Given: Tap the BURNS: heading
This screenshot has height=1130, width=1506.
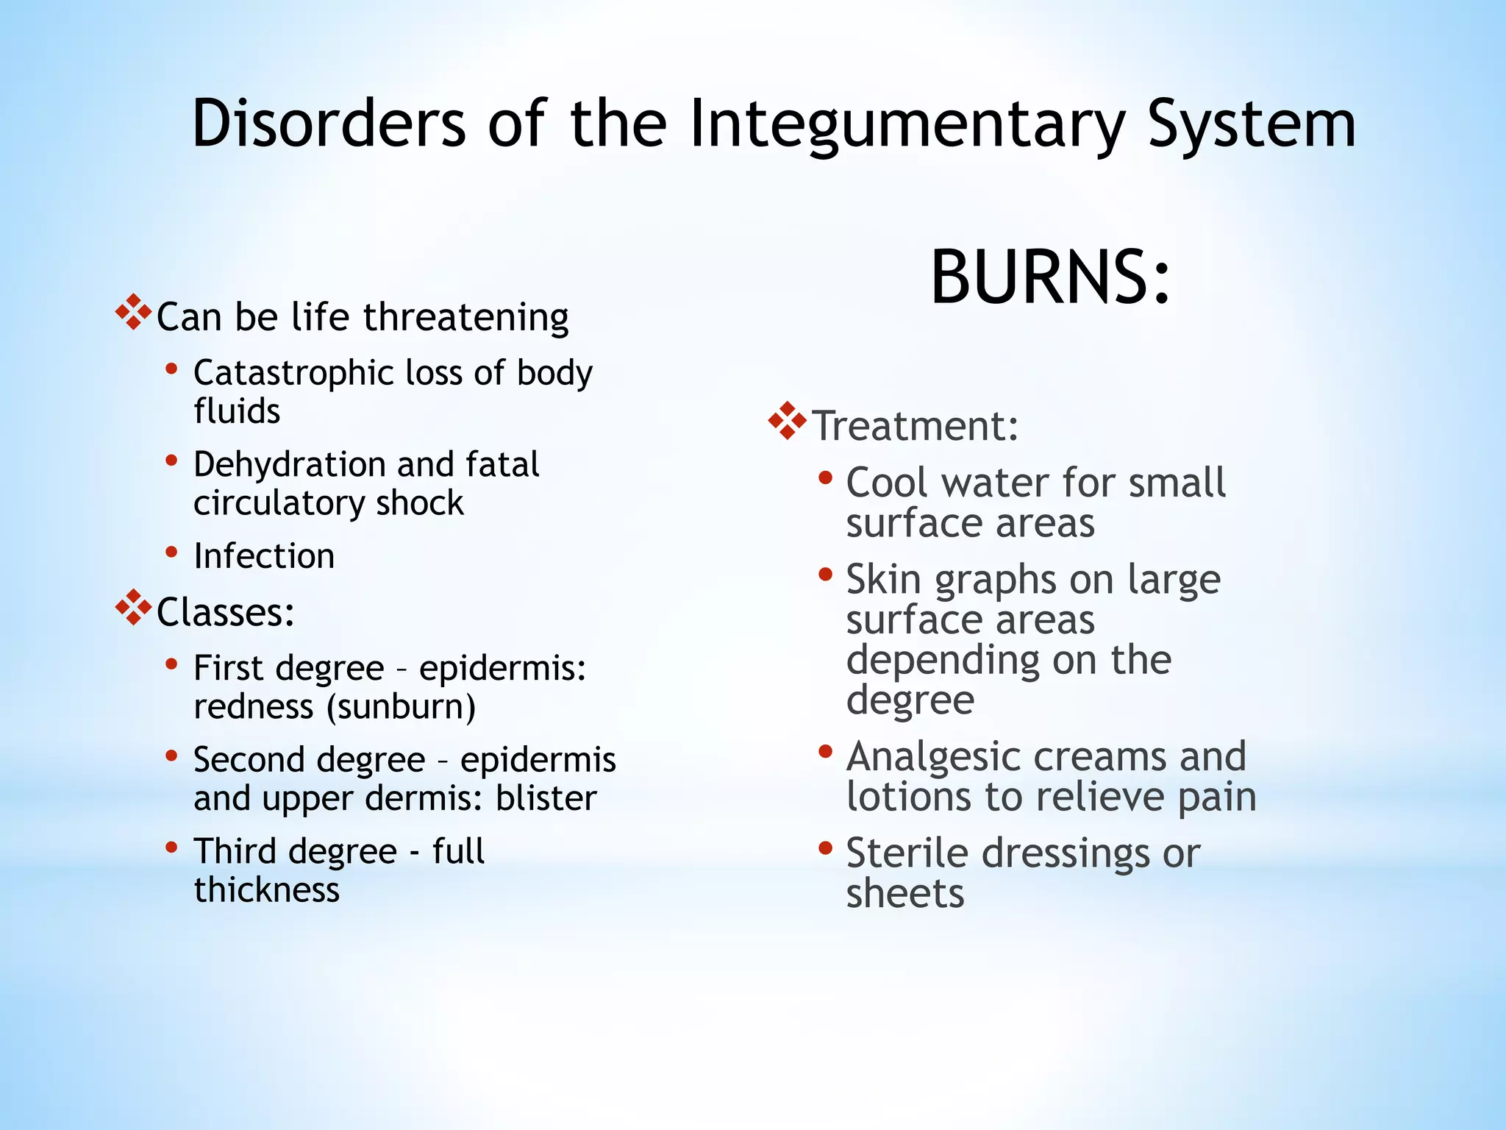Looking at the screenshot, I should click(1050, 277).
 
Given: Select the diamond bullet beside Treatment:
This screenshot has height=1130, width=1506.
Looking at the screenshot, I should click(787, 421).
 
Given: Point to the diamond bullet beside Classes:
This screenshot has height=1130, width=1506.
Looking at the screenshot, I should click(134, 608).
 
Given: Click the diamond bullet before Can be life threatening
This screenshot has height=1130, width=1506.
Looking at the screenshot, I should click(134, 313).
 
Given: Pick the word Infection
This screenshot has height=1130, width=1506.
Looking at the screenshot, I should click(264, 555).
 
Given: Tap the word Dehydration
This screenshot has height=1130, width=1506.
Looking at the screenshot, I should click(289, 464).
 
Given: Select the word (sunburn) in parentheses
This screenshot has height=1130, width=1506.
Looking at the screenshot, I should click(402, 707).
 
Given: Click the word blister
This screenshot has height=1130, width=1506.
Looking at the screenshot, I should click(546, 798).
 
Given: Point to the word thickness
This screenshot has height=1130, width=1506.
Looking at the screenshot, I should click(267, 889).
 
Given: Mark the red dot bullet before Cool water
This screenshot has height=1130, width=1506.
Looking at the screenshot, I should click(825, 478).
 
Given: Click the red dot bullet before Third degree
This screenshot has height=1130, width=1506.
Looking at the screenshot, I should click(171, 847).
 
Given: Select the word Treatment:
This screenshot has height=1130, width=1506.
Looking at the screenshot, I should click(916, 425).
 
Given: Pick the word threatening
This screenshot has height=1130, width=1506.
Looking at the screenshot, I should click(465, 318).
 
